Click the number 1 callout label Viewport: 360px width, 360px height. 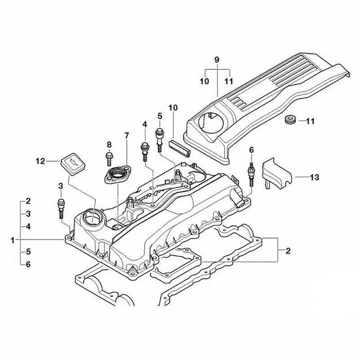tap(12, 240)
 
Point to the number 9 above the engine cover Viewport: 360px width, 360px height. tap(216, 60)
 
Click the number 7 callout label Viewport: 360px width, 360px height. tap(127, 136)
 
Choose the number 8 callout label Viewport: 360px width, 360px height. tap(110, 145)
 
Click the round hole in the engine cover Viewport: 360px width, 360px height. tap(212, 122)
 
